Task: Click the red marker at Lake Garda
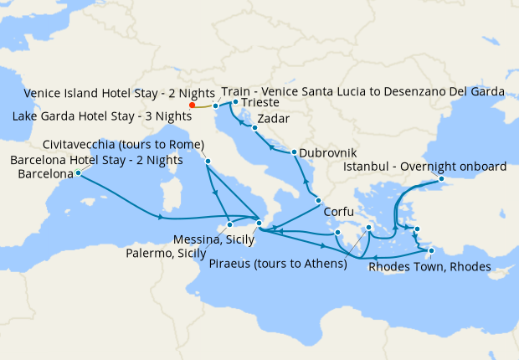[193, 105]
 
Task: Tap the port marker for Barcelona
[78, 173]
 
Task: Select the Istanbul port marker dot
[441, 179]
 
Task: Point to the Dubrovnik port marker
[294, 152]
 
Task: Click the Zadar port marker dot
[254, 128]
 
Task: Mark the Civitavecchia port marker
[207, 161]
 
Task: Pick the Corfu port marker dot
[317, 200]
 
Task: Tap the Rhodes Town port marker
[431, 250]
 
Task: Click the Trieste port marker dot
[236, 102]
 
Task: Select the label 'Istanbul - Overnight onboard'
[425, 167]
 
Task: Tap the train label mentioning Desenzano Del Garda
[362, 90]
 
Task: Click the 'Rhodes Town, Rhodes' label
[429, 268]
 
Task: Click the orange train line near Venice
[204, 106]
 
